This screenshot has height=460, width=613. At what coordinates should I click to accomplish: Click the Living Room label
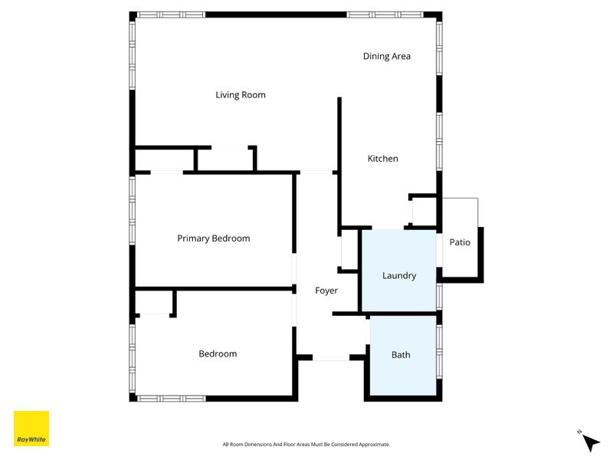240,95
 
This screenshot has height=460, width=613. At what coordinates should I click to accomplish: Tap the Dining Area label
386,56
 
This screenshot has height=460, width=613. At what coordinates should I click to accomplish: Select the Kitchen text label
382,159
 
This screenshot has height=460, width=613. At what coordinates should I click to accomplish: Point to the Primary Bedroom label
213,238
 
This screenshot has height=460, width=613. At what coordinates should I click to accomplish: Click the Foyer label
326,291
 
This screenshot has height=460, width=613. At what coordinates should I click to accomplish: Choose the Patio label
460,242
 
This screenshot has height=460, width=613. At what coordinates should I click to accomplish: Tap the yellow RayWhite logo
31,429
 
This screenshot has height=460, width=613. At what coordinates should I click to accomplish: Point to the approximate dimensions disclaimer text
306,445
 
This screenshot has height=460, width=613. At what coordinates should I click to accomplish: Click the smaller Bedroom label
218,353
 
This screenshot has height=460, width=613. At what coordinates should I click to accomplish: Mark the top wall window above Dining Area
385,15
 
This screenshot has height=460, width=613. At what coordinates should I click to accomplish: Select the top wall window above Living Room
171,15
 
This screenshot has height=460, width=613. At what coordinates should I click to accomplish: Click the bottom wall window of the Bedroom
171,398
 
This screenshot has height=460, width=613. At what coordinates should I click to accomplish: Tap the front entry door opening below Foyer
331,357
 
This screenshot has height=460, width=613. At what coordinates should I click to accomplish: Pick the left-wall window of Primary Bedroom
133,211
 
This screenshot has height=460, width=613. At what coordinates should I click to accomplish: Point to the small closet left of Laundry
349,253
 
